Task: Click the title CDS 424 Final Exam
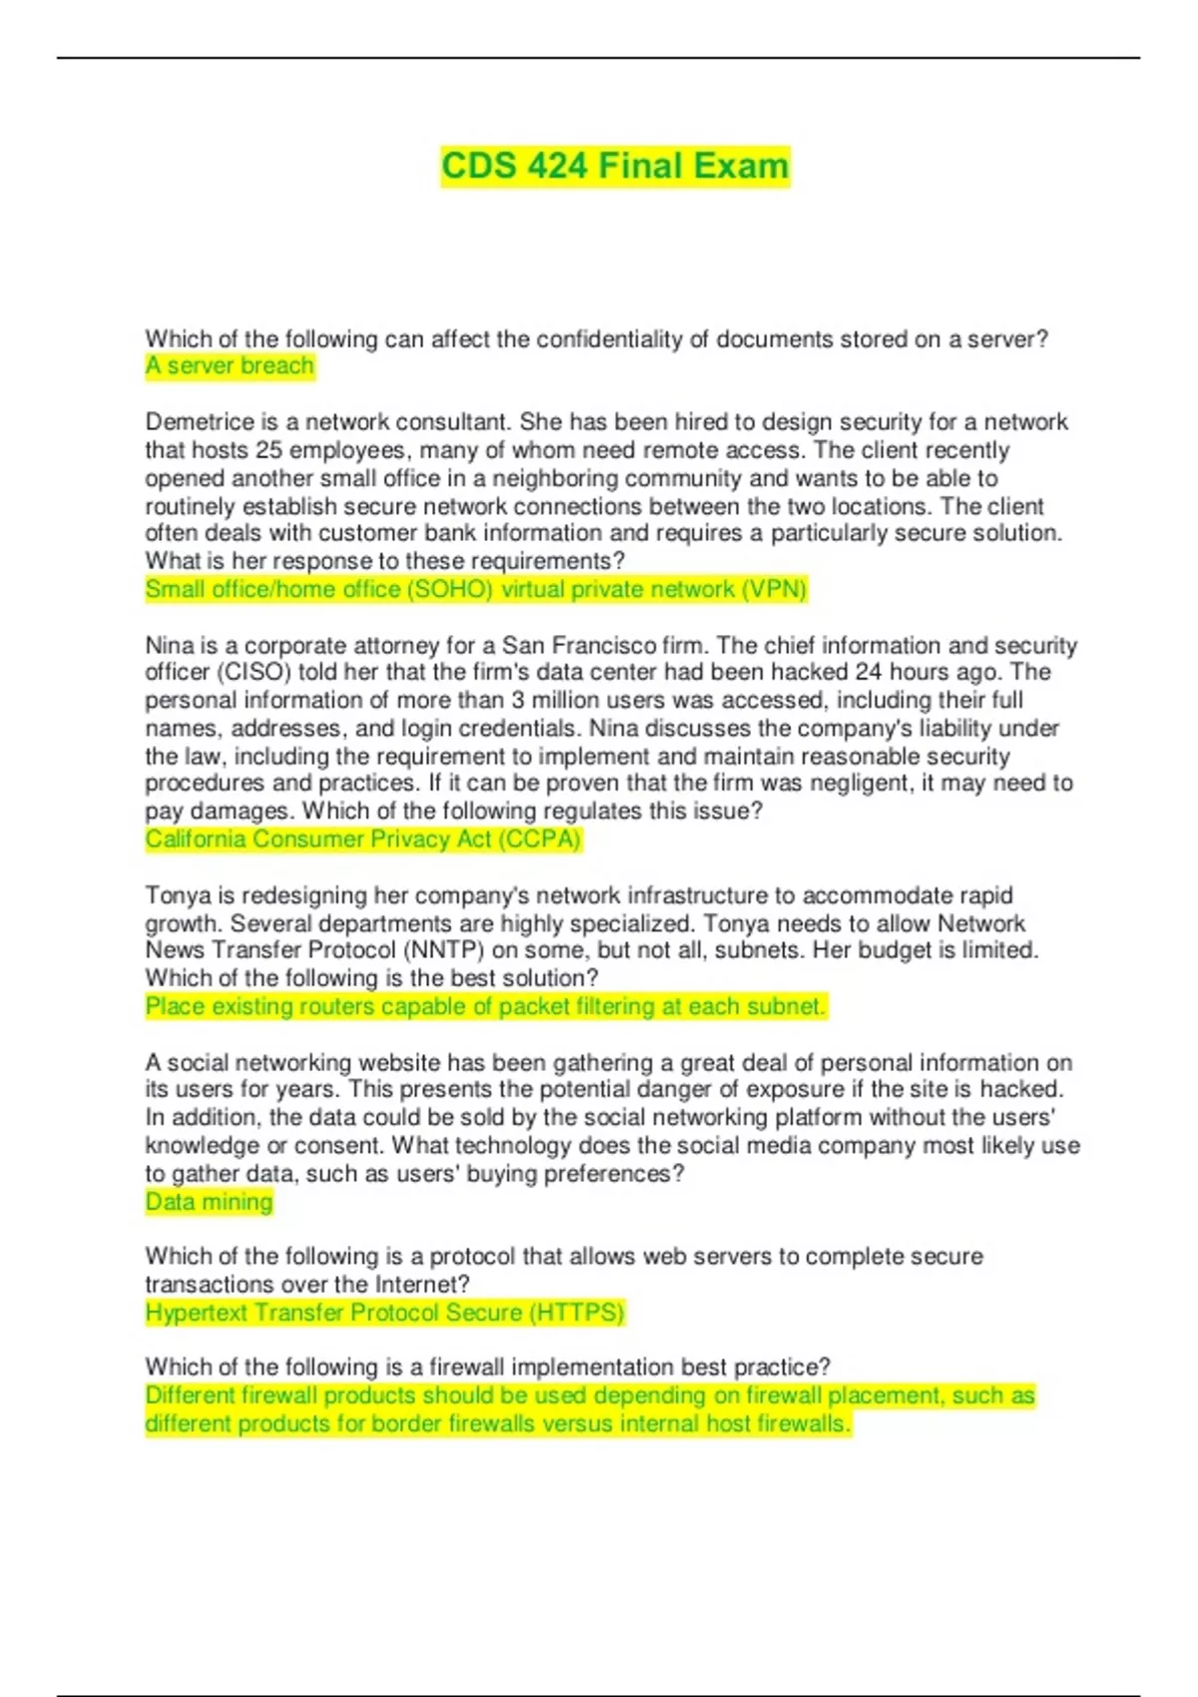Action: tap(615, 166)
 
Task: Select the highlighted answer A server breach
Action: tap(230, 366)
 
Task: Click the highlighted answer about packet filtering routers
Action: tap(485, 1006)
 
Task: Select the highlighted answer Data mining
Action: tap(209, 1202)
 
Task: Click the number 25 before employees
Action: tap(269, 450)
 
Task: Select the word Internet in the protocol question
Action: tap(421, 1285)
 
